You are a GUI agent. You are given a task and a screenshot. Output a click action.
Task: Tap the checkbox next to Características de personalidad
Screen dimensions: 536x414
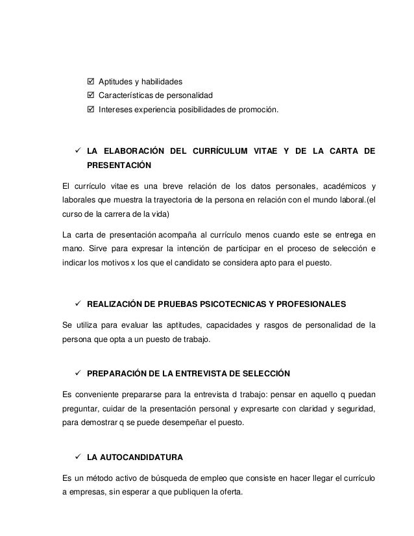coord(90,96)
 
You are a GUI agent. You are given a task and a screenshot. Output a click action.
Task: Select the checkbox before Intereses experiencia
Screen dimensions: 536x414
coord(90,110)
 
